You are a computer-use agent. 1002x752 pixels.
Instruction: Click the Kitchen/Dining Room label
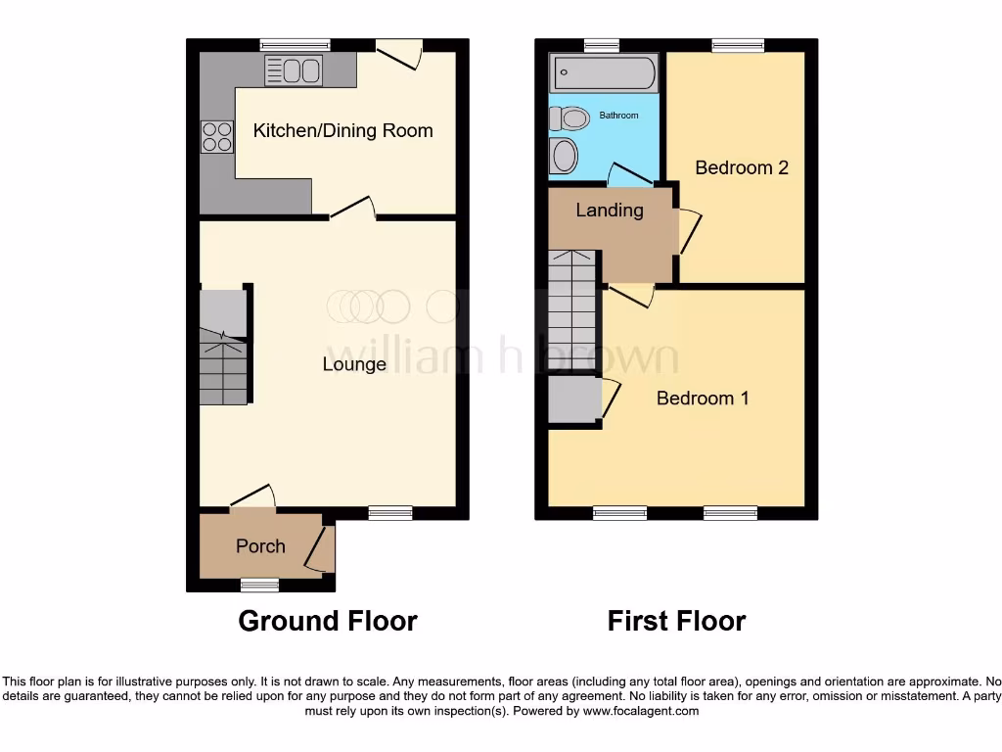tap(342, 131)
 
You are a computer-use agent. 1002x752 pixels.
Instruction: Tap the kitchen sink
tap(294, 70)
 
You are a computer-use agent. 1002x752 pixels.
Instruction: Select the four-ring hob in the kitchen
tap(217, 136)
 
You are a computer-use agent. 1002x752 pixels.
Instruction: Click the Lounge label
tap(354, 364)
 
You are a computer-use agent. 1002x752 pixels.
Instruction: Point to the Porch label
tap(260, 546)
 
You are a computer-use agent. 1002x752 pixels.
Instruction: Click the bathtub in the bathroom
tap(604, 72)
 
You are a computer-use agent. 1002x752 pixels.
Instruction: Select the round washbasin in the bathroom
tap(565, 156)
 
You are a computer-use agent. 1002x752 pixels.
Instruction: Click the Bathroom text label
tap(618, 116)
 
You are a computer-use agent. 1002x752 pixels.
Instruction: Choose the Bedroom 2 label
tap(741, 167)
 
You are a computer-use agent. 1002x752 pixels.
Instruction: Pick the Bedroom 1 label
tap(702, 399)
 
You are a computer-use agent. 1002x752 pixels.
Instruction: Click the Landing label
tap(609, 211)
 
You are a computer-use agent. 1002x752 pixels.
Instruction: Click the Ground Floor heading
tap(328, 621)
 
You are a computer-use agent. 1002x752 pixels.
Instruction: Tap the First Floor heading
tap(676, 621)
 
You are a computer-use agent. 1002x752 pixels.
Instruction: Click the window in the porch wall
tap(260, 585)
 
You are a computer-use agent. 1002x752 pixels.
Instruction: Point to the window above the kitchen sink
tap(295, 44)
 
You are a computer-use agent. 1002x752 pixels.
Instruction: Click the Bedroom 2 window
tap(737, 44)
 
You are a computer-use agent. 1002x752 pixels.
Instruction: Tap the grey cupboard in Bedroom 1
tap(573, 400)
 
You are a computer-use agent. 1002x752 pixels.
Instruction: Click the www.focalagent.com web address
tap(640, 712)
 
